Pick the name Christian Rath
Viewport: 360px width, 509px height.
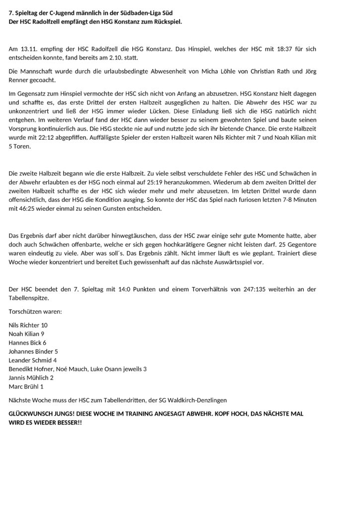[x=269, y=72]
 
